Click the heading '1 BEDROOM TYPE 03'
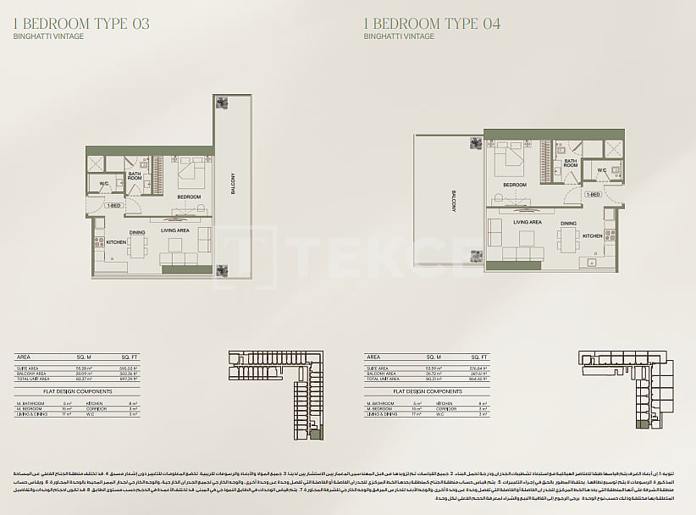click(x=82, y=24)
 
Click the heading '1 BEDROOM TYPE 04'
click(x=432, y=24)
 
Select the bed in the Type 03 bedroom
click(x=191, y=174)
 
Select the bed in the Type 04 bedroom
click(x=514, y=160)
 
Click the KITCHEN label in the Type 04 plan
click(x=593, y=236)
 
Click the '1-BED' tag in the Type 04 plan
click(x=593, y=194)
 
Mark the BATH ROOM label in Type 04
click(x=571, y=163)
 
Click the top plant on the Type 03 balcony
click(x=222, y=103)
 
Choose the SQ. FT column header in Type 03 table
click(x=129, y=358)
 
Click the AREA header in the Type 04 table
click(x=372, y=358)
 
